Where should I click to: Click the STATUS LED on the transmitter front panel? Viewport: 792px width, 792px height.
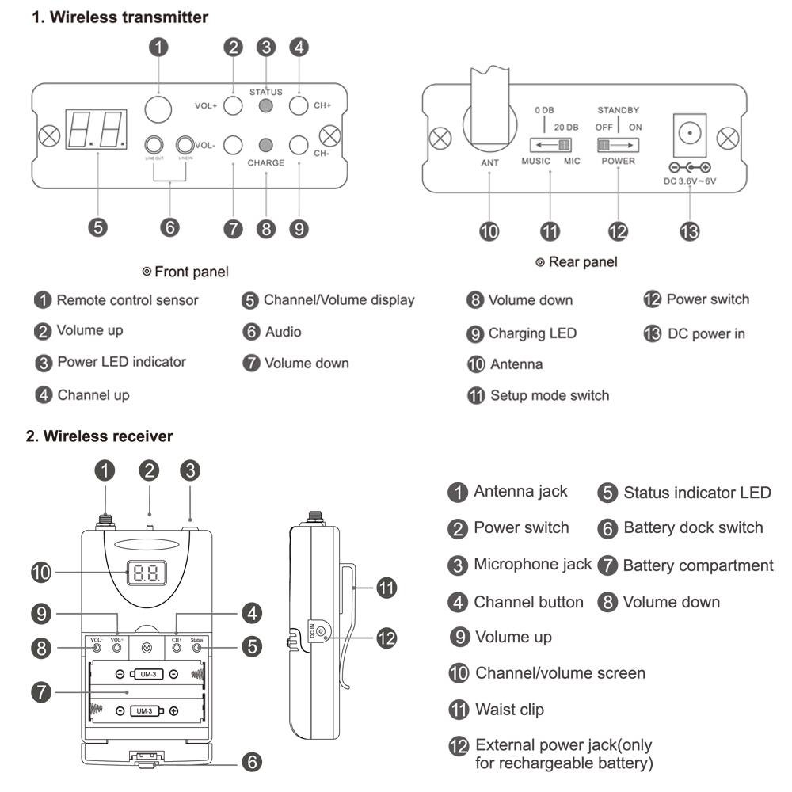pos(267,105)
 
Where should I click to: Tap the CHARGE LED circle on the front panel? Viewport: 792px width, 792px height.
pos(267,145)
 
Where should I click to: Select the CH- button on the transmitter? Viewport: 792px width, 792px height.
pos(299,145)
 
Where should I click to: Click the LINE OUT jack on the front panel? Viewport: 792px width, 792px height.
pos(154,145)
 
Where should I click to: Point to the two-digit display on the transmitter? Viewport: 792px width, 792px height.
pos(98,128)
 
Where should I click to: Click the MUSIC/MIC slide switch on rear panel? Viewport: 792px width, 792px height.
pos(551,145)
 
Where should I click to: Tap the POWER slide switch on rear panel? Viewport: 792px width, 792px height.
pos(617,145)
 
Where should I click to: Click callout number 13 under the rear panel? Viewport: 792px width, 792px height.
pos(687,230)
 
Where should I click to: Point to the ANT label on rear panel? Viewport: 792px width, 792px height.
pos(489,162)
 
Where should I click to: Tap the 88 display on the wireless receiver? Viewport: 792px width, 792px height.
pos(147,572)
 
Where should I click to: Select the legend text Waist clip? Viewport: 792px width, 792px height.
pos(509,710)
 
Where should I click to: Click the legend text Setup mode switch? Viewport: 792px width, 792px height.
pos(550,394)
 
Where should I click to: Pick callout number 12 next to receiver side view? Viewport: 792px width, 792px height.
pos(385,638)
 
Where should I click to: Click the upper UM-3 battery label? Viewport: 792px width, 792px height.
pos(147,674)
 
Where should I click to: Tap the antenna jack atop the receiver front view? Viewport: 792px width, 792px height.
pos(105,524)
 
